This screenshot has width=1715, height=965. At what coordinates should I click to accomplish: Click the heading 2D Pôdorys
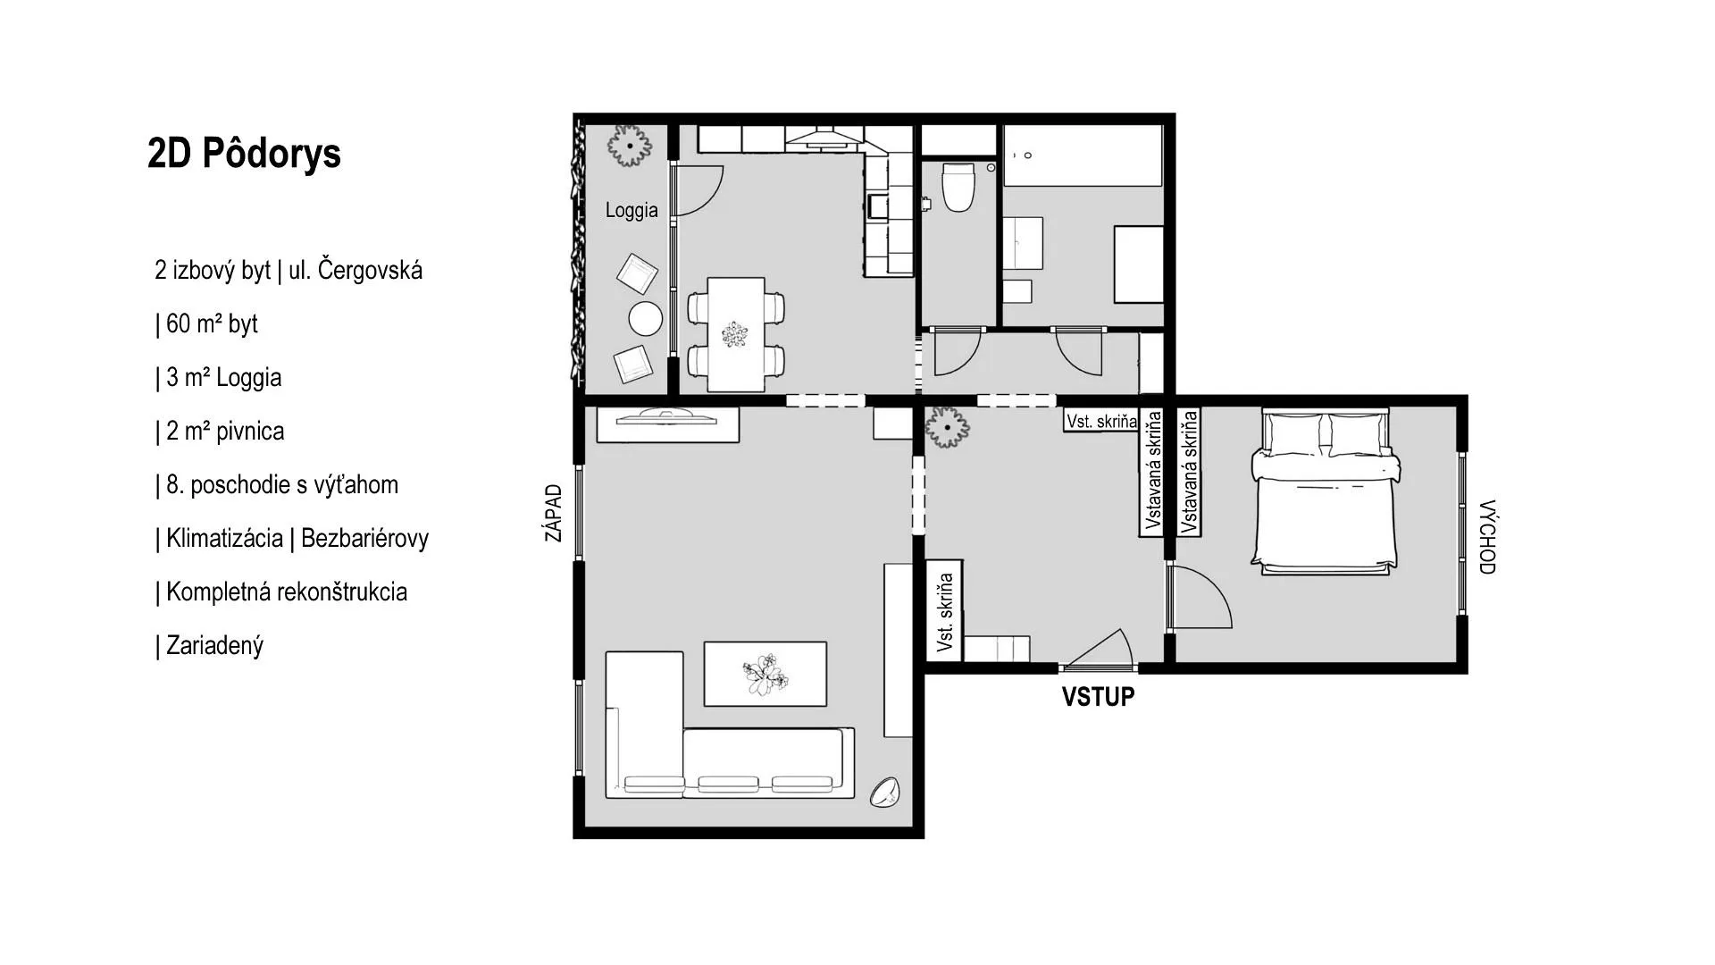coord(244,154)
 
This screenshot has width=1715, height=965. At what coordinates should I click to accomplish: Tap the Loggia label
coord(632,211)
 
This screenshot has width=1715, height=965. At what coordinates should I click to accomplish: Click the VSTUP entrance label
coord(1098,697)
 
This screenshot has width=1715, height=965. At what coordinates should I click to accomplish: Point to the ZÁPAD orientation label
coord(554,513)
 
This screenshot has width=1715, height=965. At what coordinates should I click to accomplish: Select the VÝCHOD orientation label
coord(1486,536)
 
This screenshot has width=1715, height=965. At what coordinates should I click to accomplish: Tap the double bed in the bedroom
coord(1326,490)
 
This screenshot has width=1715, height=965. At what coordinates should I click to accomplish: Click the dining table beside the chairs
coord(736,334)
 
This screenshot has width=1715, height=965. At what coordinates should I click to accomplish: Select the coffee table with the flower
coord(765,674)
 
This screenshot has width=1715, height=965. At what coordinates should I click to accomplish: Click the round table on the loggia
coord(645,318)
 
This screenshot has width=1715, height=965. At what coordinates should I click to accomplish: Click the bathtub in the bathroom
coord(1083,155)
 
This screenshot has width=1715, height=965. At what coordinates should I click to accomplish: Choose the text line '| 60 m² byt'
coord(206,323)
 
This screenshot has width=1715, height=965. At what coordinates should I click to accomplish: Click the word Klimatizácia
coord(224,538)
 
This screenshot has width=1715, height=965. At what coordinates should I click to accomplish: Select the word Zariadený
coord(214,646)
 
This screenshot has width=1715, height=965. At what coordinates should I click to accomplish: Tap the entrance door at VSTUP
coord(1097,650)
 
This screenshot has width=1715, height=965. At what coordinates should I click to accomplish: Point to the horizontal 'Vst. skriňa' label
coord(1101,421)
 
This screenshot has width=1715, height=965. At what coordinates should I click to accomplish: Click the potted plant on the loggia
coord(630,145)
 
